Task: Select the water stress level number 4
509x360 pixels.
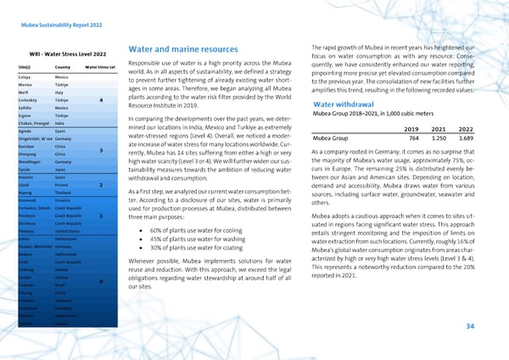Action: [x=101, y=102]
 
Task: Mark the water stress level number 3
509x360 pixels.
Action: [x=101, y=151]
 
